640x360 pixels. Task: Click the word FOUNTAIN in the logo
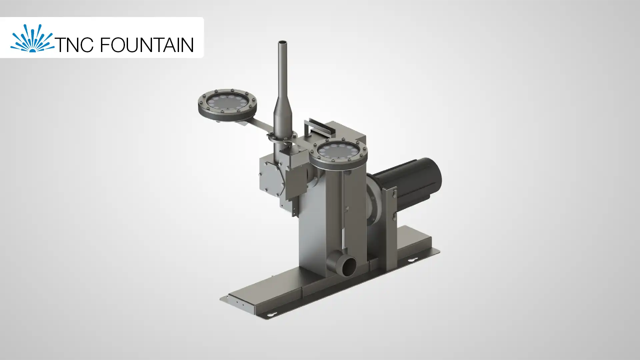[x=147, y=45]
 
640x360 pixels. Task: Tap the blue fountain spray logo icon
[x=32, y=38]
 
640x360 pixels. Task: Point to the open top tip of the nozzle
[x=283, y=42]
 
